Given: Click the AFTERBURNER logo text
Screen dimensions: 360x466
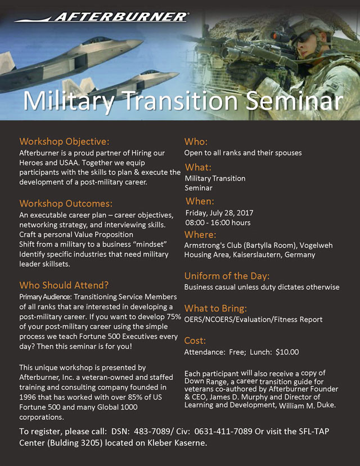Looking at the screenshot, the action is [120, 17].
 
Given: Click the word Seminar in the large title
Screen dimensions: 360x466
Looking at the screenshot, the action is [294, 101].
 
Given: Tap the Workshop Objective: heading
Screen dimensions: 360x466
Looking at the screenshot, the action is [64, 141].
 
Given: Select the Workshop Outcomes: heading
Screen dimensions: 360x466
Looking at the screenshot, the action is [66, 204].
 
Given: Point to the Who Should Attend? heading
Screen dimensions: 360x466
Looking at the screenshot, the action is [64, 285].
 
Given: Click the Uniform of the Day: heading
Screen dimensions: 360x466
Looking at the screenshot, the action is [227, 276].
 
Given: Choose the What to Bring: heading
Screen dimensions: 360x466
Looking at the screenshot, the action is [215, 308].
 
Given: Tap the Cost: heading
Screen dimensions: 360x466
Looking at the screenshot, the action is [195, 340].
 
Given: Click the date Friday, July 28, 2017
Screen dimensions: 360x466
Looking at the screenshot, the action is [219, 213].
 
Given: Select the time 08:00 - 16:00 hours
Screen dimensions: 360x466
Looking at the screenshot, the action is [218, 223].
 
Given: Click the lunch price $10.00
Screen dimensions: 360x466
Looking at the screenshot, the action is [287, 352].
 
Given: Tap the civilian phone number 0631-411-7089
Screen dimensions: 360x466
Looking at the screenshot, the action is [224, 432].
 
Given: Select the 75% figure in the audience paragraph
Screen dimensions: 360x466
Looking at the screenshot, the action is [174, 317].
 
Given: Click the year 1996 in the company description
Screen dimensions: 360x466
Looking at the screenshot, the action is [28, 397].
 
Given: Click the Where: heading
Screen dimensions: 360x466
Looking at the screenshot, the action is [200, 235].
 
